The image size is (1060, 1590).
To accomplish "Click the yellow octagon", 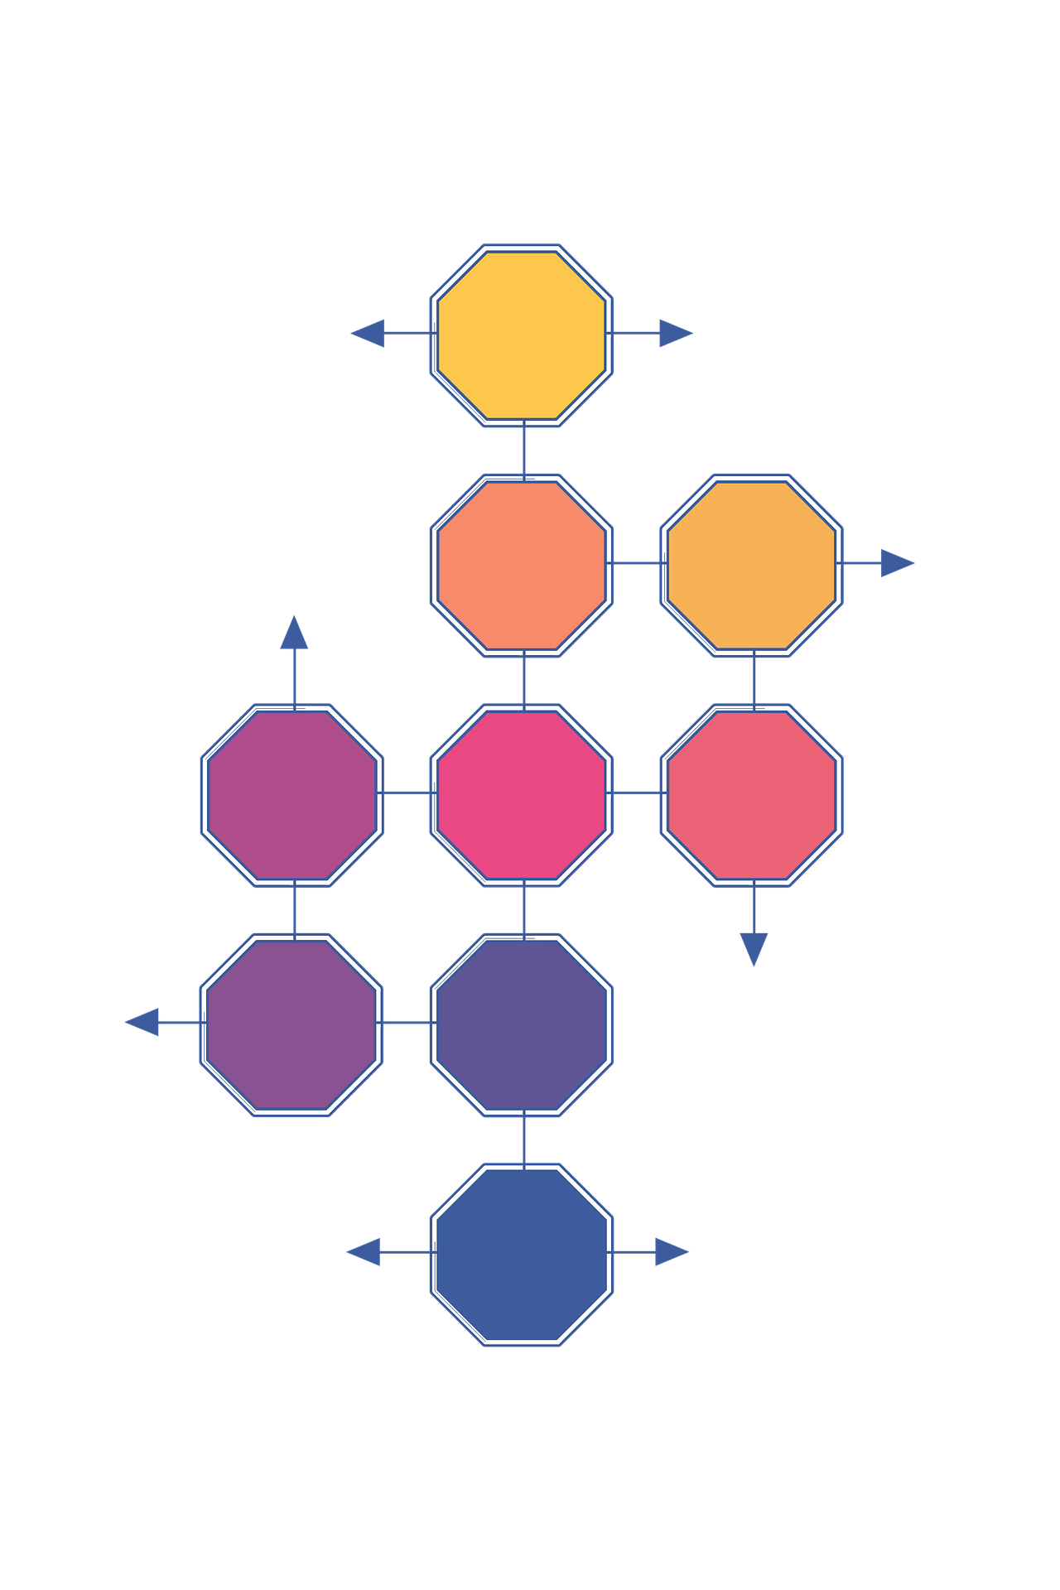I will [522, 335].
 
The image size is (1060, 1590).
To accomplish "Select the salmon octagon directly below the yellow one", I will [522, 565].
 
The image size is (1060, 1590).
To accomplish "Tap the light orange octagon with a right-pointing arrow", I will [752, 565].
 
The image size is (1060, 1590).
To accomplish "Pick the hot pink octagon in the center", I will [522, 794].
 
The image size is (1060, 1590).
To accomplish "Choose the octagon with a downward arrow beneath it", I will [752, 794].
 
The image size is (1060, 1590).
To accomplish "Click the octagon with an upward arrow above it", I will [292, 794].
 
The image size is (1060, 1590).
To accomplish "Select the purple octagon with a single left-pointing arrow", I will [292, 1024].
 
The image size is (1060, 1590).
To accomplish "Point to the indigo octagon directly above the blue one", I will [522, 1024].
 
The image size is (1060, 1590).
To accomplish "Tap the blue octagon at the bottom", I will [522, 1254].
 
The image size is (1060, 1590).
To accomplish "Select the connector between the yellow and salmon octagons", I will [524, 450].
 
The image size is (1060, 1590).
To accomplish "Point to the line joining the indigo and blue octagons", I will [524, 1139].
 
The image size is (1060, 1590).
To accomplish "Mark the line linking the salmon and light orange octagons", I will [637, 563].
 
